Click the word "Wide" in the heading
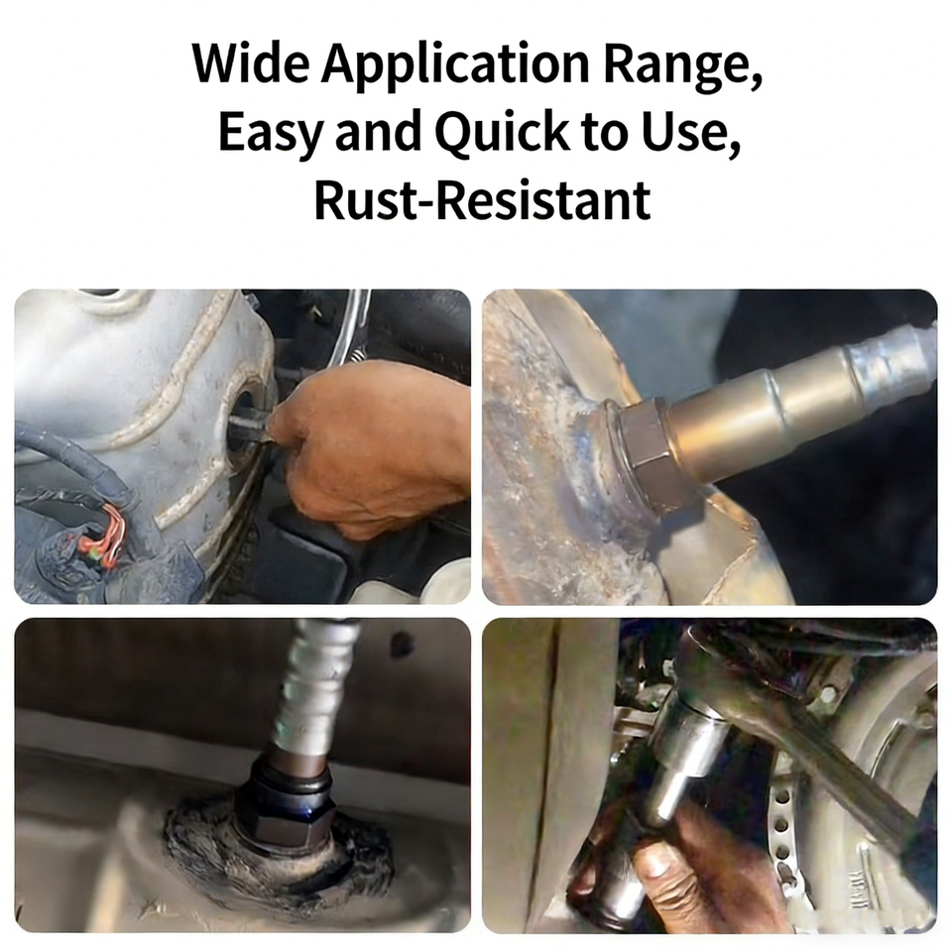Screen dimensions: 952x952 [x=251, y=63]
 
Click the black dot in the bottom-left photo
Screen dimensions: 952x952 [x=399, y=643]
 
